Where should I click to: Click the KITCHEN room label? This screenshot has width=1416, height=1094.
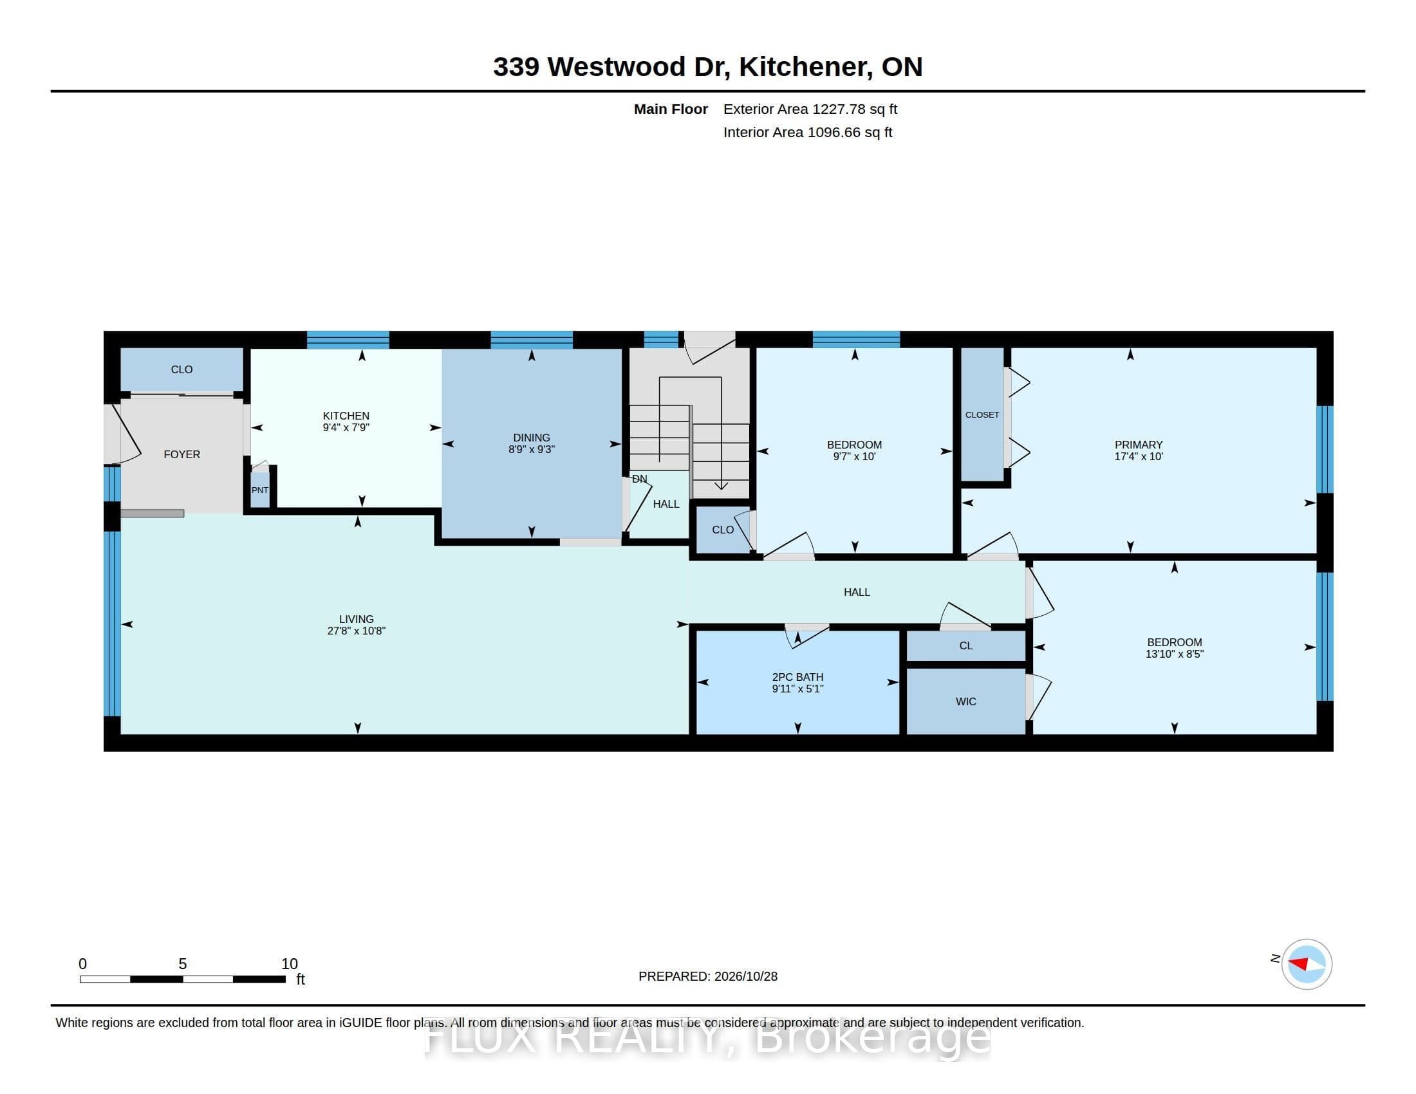coord(346,416)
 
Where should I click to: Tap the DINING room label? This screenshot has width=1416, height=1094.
coord(532,438)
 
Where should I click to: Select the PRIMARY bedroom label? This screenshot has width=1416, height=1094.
coord(1139,445)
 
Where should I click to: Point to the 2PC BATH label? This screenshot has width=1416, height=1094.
coord(797,676)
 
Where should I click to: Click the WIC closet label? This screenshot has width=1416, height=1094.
coord(966,701)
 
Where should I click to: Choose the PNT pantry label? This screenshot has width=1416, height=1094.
coord(260,490)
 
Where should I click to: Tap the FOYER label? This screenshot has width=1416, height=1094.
coord(182,454)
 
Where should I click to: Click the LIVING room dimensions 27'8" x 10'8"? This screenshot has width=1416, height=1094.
coord(357,631)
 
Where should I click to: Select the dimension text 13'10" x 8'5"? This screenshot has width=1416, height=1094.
coord(1175,654)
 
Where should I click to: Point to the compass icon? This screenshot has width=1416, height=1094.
coord(1307,964)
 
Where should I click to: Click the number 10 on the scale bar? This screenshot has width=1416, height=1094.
coord(289,964)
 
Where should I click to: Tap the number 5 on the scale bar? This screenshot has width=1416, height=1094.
coord(183,964)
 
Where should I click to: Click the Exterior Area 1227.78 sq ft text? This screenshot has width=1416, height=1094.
coord(810,109)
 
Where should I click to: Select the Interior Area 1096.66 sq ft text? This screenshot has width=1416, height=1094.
coord(808,132)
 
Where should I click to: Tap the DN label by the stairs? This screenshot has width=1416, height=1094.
coord(639,479)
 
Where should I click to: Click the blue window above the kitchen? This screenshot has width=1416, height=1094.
coord(348,340)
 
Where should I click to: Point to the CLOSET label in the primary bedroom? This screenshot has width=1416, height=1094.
coord(982,415)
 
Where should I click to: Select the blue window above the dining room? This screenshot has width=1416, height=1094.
coord(532,340)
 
